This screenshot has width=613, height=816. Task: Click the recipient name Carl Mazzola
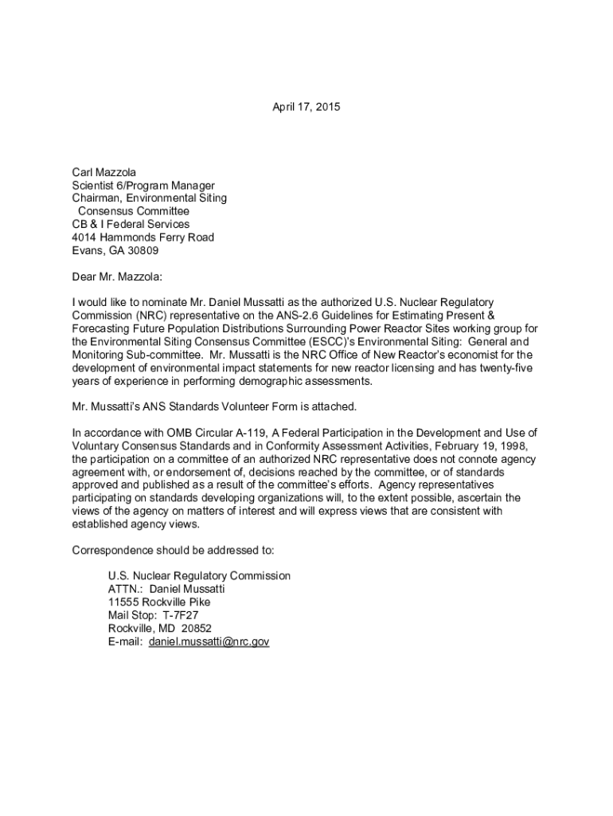point(103,172)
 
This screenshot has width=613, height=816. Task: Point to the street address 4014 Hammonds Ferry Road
point(143,237)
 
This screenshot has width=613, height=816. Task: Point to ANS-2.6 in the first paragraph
point(282,316)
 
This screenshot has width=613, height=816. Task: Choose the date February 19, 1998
point(478,446)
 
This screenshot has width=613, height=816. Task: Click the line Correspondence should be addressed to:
point(173,550)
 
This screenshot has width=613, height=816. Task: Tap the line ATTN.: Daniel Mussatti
point(166,589)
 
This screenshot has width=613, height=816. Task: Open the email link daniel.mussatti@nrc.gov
point(209,641)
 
